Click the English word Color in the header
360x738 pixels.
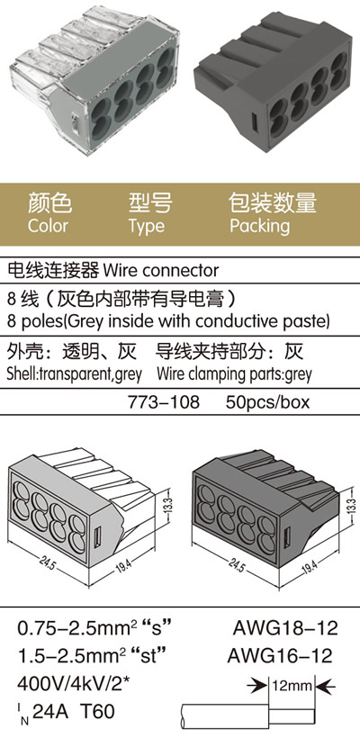tap(48, 226)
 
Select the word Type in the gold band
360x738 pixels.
tap(147, 227)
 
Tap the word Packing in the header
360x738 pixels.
tap(260, 226)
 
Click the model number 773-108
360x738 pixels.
tap(164, 402)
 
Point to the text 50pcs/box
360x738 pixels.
tap(268, 403)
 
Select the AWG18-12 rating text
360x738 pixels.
tap(285, 628)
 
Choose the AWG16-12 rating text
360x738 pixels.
tap(280, 655)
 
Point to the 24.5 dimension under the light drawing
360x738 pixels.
tap(47, 564)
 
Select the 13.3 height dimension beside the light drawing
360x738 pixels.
tap(170, 506)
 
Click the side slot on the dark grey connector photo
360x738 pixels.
tap(255, 123)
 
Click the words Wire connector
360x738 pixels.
tap(161, 271)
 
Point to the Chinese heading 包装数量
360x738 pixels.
tap(273, 202)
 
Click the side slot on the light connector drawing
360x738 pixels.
tap(98, 536)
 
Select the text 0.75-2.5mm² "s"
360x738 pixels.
tap(94, 628)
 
